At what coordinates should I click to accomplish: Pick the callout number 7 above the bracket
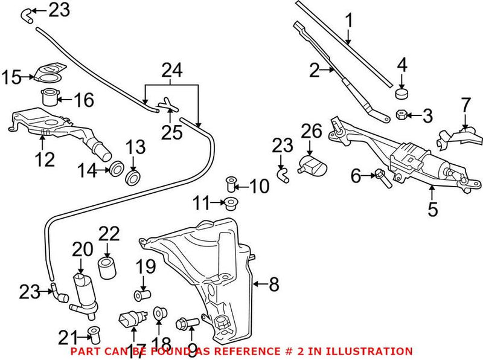pos(465,104)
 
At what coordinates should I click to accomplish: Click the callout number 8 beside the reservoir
pos(275,283)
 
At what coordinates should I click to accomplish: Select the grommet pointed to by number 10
pos(230,183)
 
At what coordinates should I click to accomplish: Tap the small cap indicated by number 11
pos(230,202)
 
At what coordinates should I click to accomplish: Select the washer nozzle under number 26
pos(312,163)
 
